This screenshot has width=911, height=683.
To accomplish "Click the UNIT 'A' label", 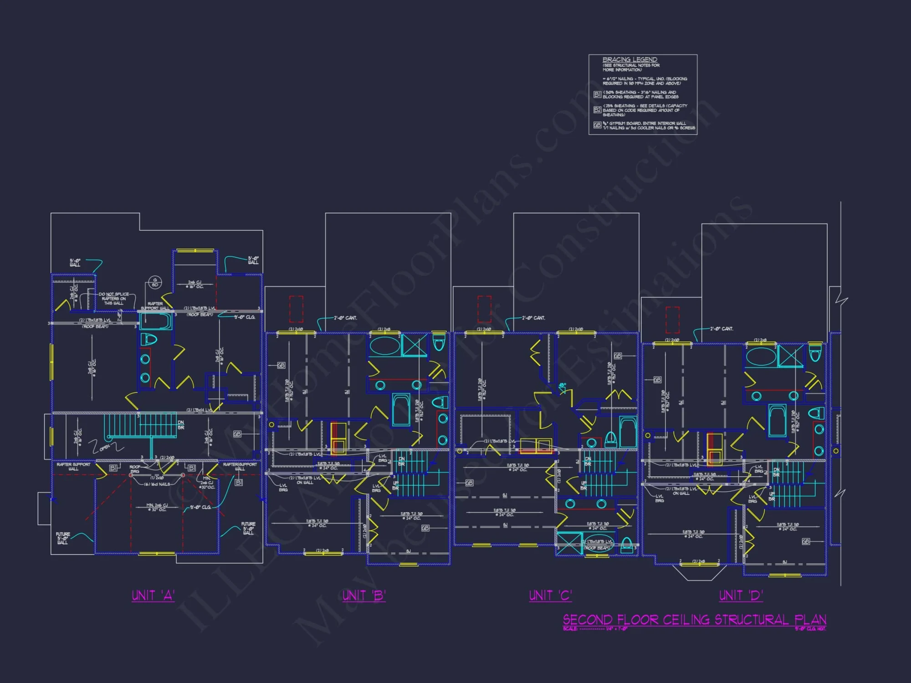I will coord(153,596).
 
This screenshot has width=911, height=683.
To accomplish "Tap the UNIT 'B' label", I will coord(364,596).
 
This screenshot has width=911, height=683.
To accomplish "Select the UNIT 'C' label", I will coord(550,596).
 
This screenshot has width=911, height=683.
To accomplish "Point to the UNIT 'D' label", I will coord(741,596).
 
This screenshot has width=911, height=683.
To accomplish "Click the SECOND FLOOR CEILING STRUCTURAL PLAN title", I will coord(694,620).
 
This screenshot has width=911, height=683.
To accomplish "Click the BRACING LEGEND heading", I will coord(630,60).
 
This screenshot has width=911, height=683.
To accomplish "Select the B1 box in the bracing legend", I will coord(597,95).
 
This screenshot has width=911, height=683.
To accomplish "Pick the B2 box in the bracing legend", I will coord(597,110).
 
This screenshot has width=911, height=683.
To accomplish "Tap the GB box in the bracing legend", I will coord(597,125).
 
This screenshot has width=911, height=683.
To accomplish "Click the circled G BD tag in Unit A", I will coord(155,283).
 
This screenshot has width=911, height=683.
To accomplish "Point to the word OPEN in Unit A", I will coord(104,448).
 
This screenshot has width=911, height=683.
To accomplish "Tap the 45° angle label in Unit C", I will coord(563,385).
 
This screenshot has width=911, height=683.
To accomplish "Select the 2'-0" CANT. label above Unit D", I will coord(722,329).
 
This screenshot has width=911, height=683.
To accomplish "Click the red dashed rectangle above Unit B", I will coord(296,309).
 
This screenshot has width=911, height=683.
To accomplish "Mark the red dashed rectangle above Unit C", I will coord(484,309).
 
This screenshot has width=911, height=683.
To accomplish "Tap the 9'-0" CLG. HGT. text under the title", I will coord(810,629).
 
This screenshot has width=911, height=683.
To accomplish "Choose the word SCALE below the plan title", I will coord(570,629).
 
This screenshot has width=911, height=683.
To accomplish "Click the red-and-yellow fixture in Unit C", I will coord(536,446).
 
